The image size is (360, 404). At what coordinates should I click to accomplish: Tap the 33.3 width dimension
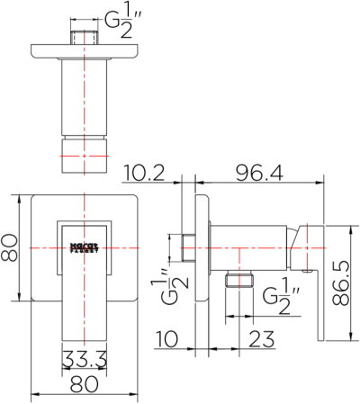85,361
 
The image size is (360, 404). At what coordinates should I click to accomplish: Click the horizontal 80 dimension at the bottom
85,384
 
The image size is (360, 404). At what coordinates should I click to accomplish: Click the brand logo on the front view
85,245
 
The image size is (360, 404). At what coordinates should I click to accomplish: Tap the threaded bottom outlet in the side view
238,280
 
